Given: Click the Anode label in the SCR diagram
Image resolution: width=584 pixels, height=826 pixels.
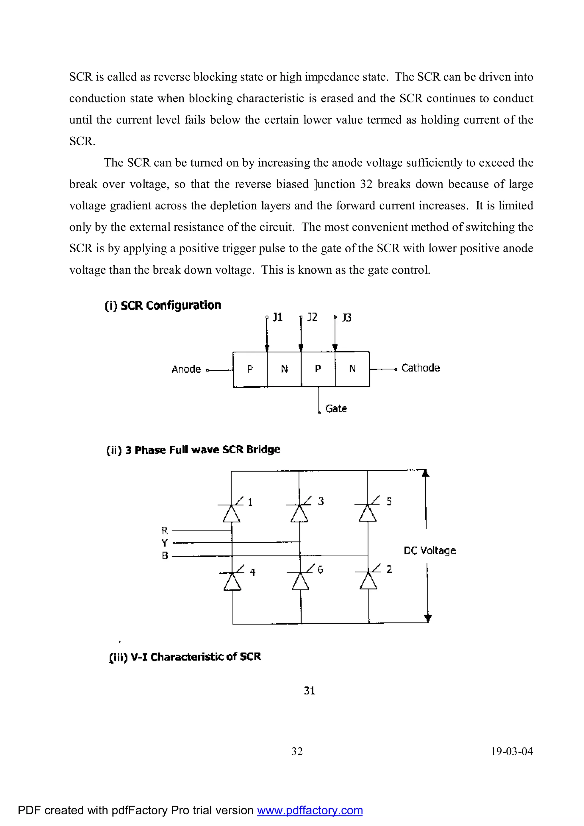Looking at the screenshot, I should pos(186,369).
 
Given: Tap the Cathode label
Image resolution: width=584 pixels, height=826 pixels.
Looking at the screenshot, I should pos(420,368).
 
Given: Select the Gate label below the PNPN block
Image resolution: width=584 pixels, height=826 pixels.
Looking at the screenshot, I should pos(336,408).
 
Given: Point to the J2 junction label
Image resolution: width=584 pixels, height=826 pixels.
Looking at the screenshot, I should pos(312,317).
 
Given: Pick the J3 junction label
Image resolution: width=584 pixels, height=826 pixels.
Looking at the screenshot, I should pos(346,317).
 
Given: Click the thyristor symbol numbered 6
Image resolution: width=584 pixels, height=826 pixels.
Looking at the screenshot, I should pos(300,580).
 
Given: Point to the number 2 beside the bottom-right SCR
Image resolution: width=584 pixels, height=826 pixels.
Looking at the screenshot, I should pos(389,569).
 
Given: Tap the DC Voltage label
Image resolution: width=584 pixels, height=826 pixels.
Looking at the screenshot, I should pos(430,550).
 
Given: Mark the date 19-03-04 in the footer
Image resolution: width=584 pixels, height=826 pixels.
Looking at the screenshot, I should pos(512,751).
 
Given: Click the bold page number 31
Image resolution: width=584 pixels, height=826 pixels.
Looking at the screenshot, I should pos(309,690).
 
